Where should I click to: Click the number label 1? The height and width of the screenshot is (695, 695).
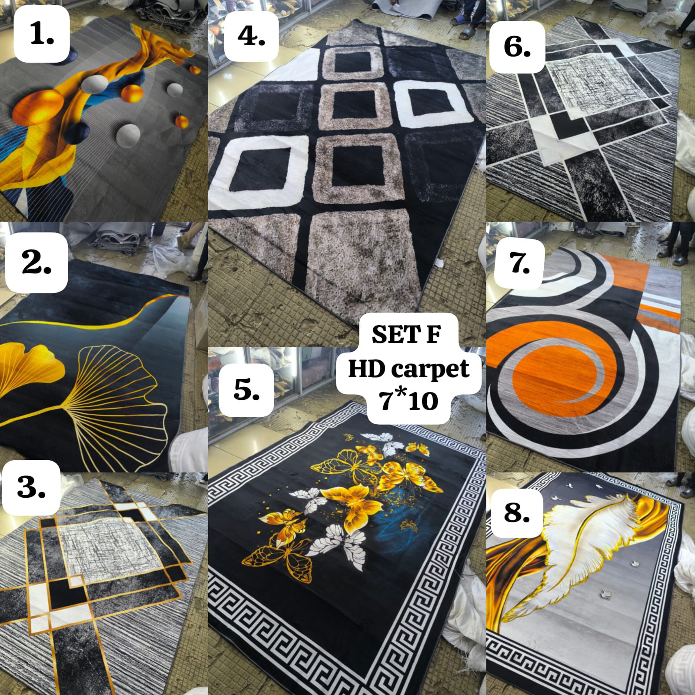point(42,34)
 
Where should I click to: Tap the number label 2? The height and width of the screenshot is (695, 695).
point(37,263)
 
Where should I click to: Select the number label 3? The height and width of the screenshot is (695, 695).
point(31,487)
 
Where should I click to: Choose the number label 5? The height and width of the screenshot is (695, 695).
point(246,389)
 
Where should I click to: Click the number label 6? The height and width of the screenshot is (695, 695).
point(517,47)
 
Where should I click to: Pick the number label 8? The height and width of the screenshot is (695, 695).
point(517,512)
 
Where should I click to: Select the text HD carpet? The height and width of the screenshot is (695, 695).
point(409,369)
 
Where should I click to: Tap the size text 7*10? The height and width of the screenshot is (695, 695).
point(409,400)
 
